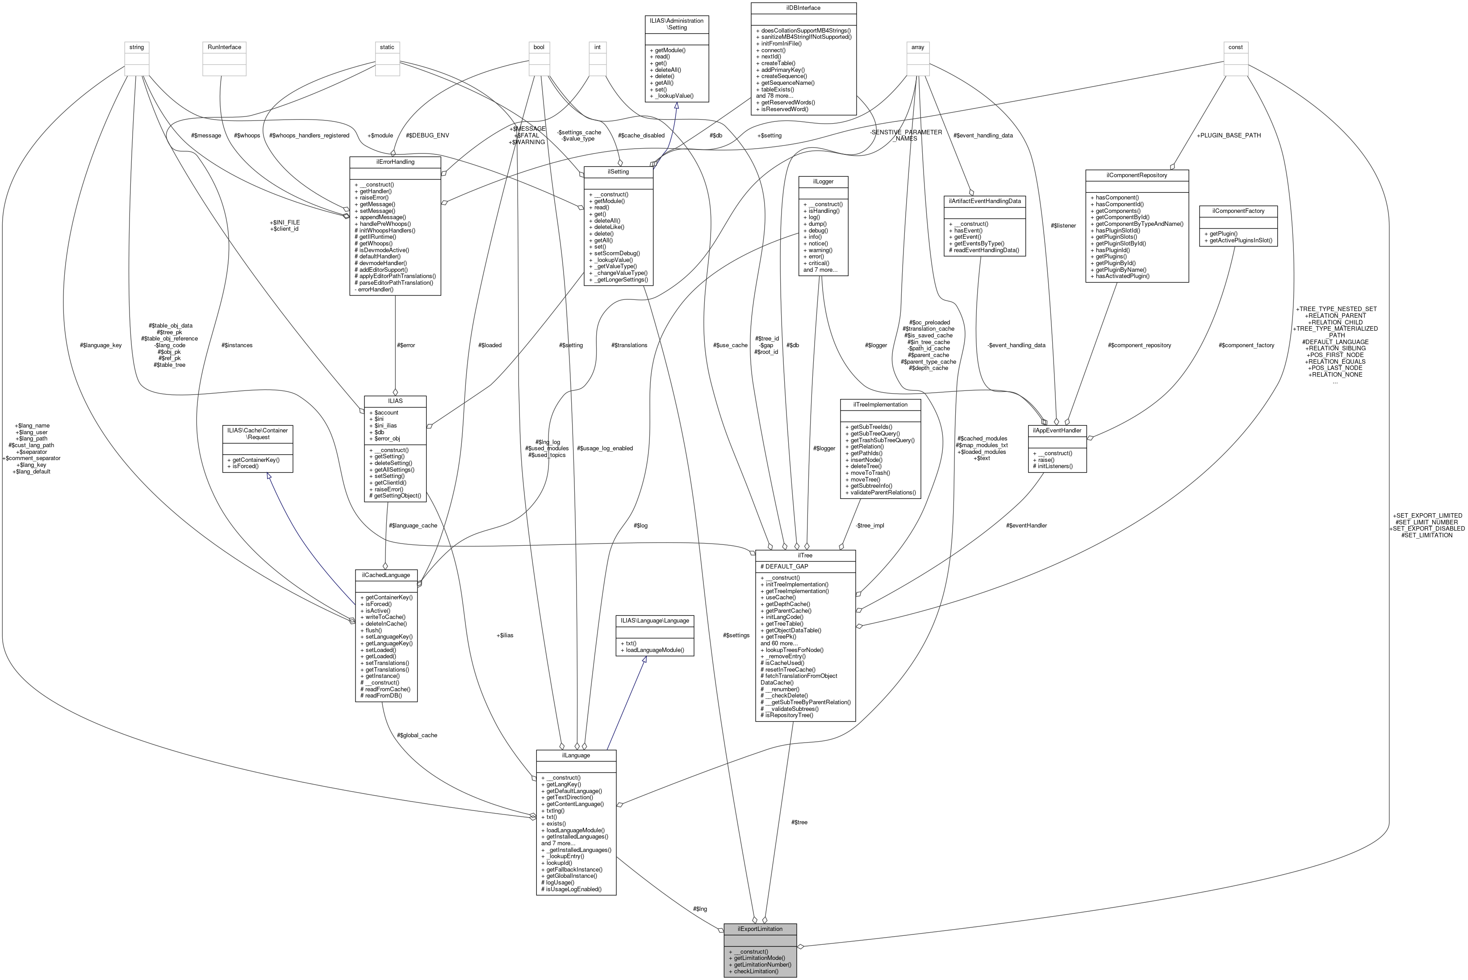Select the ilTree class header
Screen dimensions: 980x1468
click(x=804, y=555)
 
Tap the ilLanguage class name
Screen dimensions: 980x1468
click(x=575, y=755)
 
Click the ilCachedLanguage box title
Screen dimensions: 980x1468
click(x=386, y=574)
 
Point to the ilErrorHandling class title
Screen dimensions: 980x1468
click(x=395, y=162)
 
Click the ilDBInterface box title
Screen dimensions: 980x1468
click(x=803, y=8)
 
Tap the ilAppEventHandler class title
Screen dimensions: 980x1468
click(x=1057, y=430)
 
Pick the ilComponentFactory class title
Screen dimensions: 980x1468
click(x=1238, y=211)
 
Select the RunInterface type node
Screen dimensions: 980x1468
click(x=225, y=47)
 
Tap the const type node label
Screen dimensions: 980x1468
click(x=1235, y=47)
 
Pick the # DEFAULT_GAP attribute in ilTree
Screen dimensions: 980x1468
click(x=784, y=566)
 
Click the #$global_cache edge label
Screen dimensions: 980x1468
click(x=417, y=735)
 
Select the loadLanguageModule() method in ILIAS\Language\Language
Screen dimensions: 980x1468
click(x=652, y=650)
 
